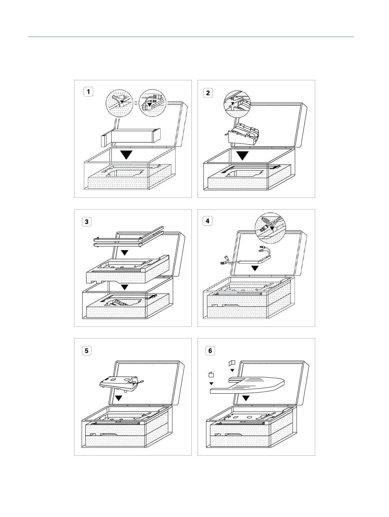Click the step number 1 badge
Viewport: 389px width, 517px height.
click(x=88, y=92)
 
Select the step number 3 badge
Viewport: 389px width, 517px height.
click(x=87, y=222)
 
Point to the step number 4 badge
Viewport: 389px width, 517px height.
click(x=207, y=221)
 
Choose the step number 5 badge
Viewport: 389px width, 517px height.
click(x=87, y=351)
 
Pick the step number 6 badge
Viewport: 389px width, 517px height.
click(x=210, y=351)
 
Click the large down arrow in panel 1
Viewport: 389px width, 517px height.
click(x=126, y=154)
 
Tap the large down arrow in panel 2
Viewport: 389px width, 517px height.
click(x=242, y=155)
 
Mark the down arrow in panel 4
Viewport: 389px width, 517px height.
click(x=255, y=268)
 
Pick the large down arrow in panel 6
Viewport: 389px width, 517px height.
click(x=246, y=398)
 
